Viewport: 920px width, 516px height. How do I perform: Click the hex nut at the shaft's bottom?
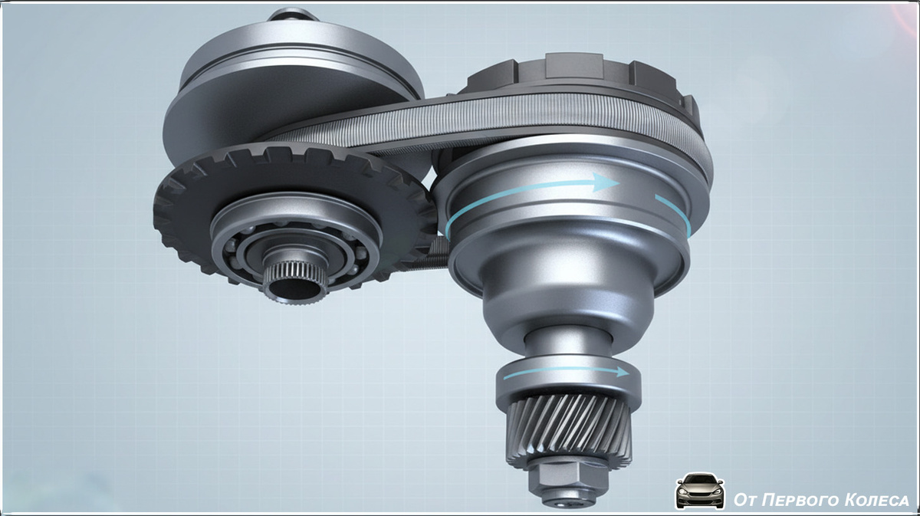(568, 478)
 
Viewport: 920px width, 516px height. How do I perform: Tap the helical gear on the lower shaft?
(569, 427)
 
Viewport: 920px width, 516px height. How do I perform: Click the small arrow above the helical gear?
(567, 373)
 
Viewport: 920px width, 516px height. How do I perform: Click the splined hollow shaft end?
(295, 282)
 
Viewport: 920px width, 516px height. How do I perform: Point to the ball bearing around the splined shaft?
(296, 251)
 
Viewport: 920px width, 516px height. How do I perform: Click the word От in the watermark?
(745, 500)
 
